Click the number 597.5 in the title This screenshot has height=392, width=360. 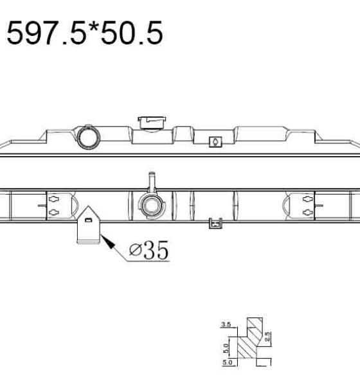tap(46, 33)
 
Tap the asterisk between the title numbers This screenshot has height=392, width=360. tap(93, 27)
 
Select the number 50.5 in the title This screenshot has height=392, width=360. tap(131, 33)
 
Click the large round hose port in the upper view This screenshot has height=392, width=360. tap(89, 138)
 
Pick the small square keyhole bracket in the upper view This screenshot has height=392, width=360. tap(215, 142)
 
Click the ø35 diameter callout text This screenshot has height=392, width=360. tap(149, 250)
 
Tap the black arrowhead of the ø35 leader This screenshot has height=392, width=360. tap(107, 242)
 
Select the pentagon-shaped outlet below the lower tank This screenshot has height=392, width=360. tap(88, 225)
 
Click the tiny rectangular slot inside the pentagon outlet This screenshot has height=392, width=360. tap(88, 220)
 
